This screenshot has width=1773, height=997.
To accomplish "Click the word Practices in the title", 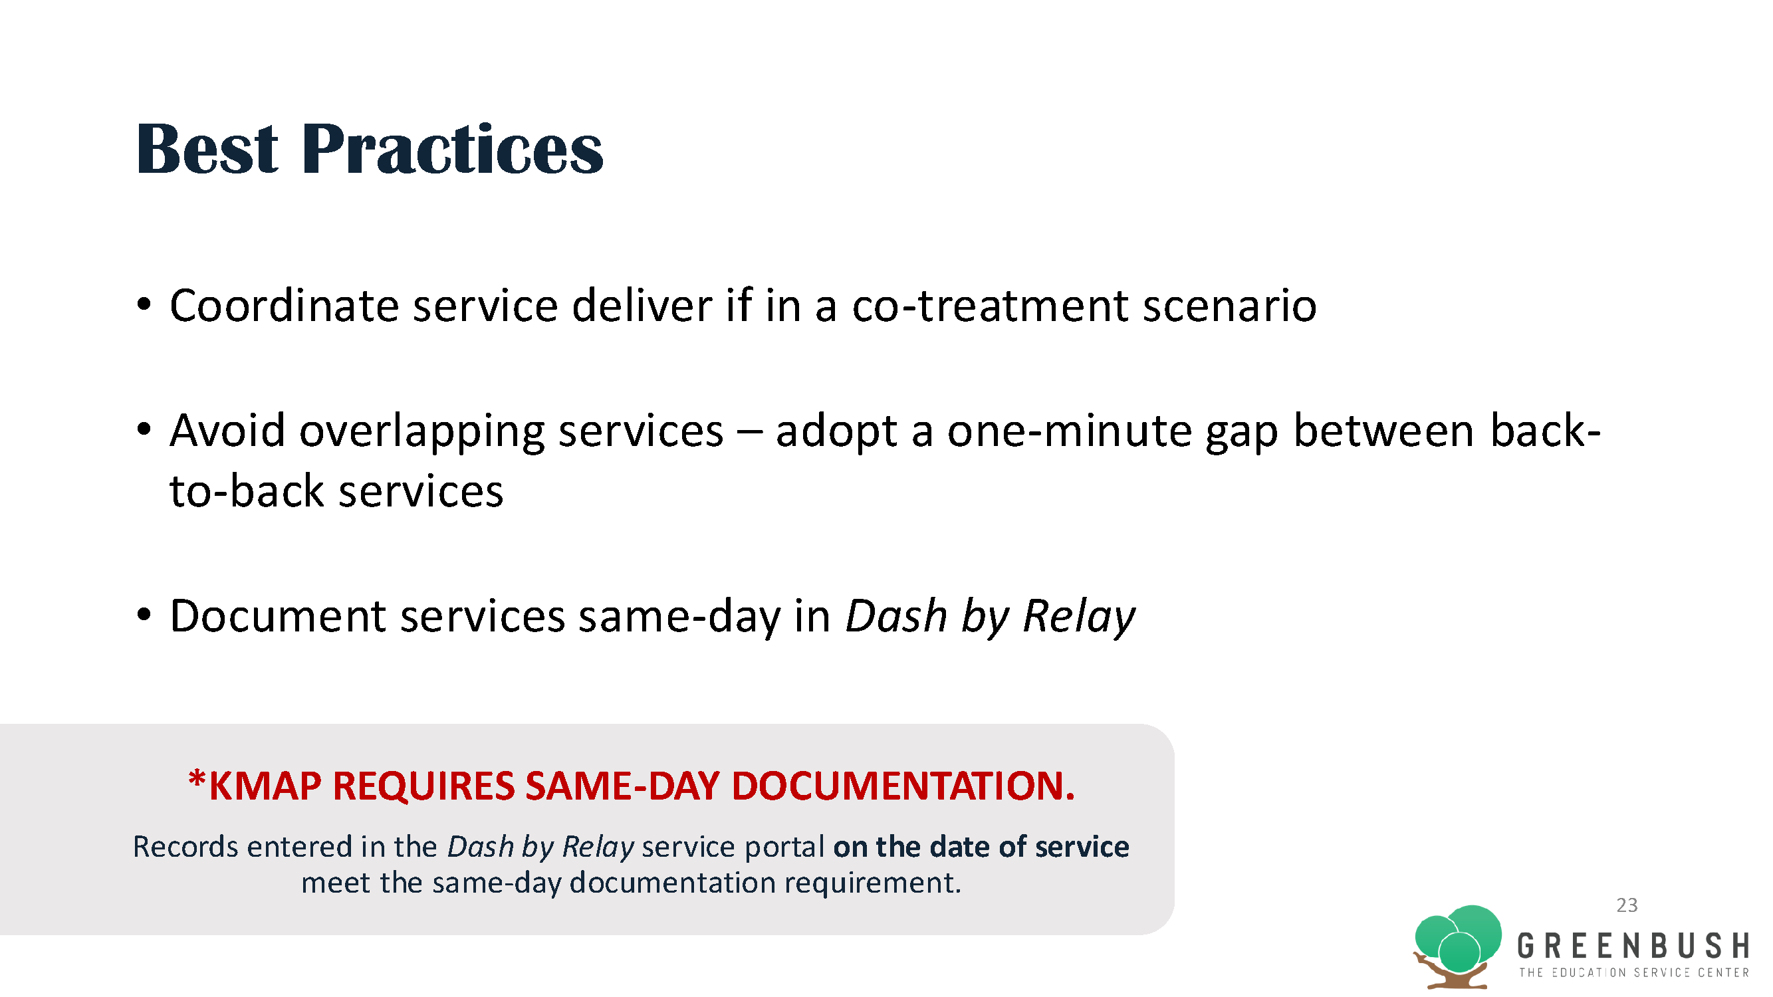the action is [452, 149].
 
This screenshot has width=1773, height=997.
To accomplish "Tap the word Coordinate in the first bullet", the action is [285, 306].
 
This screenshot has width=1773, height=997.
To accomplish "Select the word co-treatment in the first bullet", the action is [991, 306].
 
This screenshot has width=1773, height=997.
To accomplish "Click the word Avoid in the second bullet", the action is [227, 431].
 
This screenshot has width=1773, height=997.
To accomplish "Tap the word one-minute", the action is [1070, 431].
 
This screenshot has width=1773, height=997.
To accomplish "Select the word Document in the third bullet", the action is [277, 616].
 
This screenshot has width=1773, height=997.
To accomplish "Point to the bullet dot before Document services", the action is [143, 613].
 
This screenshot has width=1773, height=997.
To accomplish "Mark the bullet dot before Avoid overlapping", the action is [143, 429].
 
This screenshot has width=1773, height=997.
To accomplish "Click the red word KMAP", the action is [265, 786].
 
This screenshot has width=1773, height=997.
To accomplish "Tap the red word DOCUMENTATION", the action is [903, 786].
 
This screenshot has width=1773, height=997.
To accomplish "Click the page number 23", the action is [1627, 905].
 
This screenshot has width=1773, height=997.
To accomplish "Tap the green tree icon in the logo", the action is [1458, 946].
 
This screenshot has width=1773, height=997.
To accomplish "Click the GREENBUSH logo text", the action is [1633, 946].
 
